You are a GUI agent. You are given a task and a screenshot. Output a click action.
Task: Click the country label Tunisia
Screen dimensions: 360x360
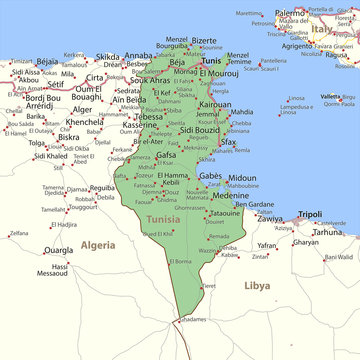(163, 218)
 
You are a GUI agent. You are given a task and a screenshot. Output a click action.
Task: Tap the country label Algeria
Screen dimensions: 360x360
(98, 244)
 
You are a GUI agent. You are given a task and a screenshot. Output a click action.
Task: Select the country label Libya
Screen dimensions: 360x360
(256, 285)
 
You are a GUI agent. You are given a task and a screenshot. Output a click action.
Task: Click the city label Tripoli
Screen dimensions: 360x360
(310, 214)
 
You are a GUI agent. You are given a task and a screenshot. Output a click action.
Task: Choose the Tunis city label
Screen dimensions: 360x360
(211, 61)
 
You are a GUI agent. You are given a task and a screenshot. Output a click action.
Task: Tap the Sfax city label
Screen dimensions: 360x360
(229, 142)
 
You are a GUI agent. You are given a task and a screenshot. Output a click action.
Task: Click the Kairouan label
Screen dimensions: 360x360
(215, 103)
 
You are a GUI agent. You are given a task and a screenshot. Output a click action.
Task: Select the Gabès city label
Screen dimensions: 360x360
(210, 175)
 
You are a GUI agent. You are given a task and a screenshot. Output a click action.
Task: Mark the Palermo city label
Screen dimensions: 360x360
(290, 13)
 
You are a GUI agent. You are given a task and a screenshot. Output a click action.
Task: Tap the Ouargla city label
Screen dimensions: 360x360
(59, 250)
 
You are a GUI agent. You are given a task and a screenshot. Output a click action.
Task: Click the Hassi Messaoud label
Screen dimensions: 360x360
(59, 270)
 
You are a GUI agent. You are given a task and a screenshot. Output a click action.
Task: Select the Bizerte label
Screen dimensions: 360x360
(203, 41)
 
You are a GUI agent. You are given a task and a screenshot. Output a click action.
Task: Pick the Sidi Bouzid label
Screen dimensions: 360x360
(199, 131)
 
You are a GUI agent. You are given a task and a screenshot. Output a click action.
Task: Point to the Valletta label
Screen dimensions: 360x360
(329, 96)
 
